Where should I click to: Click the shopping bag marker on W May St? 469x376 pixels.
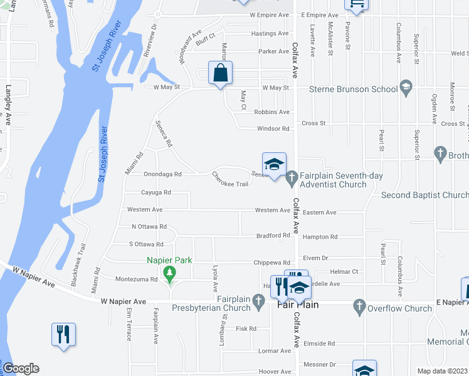[220, 73]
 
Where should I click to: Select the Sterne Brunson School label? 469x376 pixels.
[354, 89]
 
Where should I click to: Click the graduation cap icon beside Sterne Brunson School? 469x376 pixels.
[406, 88]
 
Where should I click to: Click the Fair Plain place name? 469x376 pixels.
[298, 305]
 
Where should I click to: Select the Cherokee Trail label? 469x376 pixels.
[230, 179]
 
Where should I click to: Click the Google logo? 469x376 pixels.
[21, 368]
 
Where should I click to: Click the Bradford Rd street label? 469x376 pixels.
[273, 236]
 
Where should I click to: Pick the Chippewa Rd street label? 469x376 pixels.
[271, 263]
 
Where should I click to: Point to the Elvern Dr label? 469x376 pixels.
[315, 258]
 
